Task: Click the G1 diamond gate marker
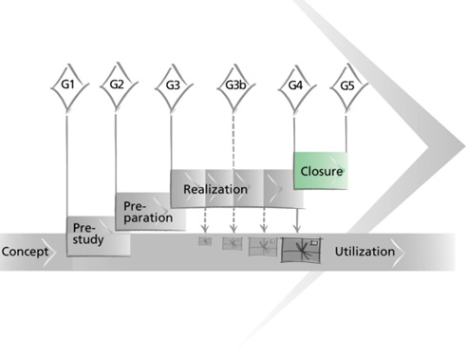click(69, 85)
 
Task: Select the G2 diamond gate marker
click(119, 85)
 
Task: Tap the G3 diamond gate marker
click(174, 86)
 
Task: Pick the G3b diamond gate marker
click(235, 86)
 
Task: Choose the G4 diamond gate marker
click(297, 87)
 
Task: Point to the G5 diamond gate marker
click(348, 86)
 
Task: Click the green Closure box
click(321, 171)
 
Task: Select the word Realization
click(215, 189)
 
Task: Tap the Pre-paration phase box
click(150, 211)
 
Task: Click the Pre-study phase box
click(99, 237)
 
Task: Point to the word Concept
click(25, 252)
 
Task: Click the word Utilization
click(364, 252)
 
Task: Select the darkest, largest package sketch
click(301, 250)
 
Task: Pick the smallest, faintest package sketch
click(205, 241)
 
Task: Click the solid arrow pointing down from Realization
click(296, 220)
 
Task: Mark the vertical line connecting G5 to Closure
click(345, 134)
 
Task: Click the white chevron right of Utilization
click(398, 252)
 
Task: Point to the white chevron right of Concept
click(49, 252)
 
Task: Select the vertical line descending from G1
click(67, 166)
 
